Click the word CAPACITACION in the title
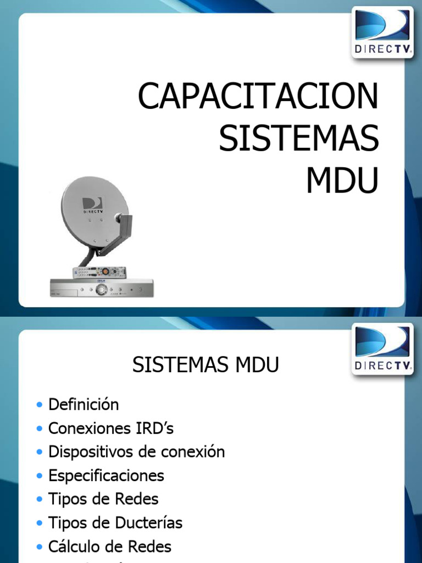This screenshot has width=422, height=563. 258,97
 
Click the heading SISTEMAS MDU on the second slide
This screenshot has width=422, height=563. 206,366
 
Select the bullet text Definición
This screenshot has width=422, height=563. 84,405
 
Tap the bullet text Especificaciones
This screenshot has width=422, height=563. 106,476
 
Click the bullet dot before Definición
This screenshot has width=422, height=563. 39,405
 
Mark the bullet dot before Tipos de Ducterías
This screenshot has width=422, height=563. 39,523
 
